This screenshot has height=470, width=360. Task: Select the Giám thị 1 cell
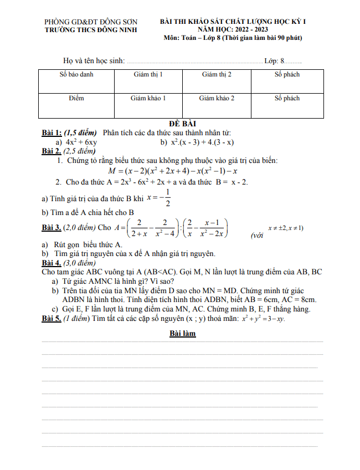point(148,74)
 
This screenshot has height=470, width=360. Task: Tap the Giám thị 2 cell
point(217,74)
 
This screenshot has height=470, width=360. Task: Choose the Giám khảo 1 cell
point(148,98)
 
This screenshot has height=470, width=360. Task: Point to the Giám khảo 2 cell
point(217,98)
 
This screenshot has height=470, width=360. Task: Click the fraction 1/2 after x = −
point(167,197)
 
